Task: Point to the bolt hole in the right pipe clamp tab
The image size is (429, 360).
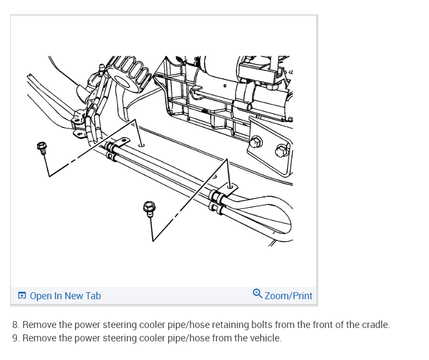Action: [x=231, y=186]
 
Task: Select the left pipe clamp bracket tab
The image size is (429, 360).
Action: [x=122, y=142]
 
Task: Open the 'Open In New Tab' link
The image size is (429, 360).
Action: [x=65, y=296]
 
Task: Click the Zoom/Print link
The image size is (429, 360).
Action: [x=288, y=295]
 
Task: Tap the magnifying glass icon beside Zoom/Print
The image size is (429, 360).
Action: [x=258, y=294]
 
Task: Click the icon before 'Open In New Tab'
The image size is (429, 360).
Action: [x=22, y=296]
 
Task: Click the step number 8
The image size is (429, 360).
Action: [x=15, y=325]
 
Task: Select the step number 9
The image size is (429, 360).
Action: [x=15, y=338]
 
